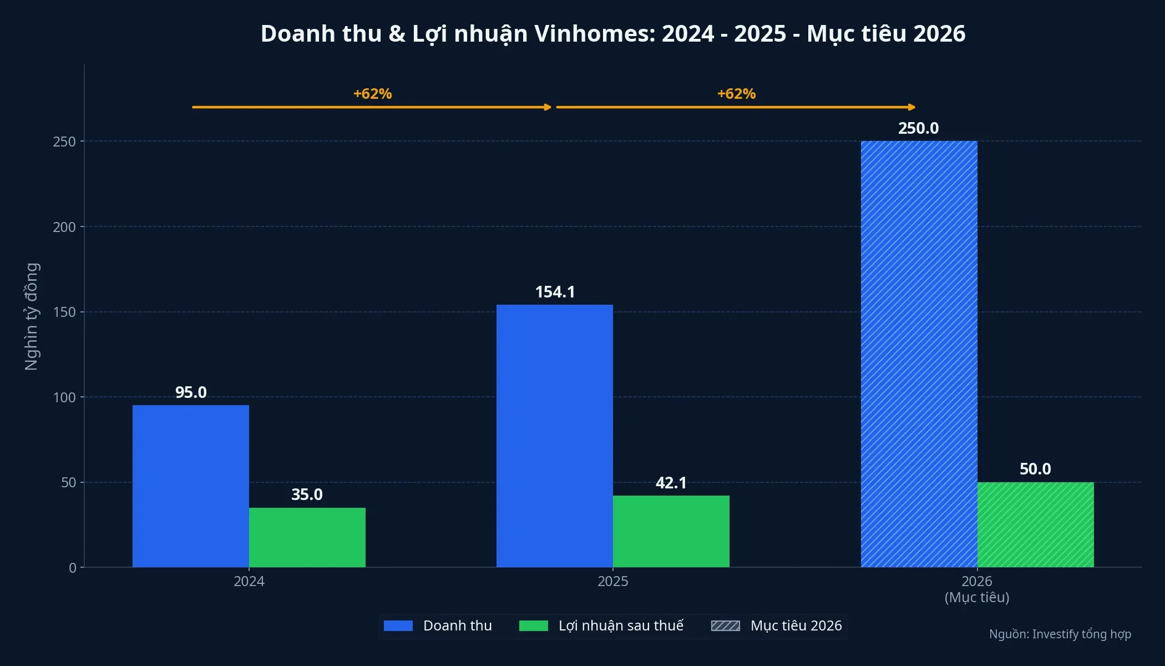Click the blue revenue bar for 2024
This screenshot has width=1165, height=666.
click(x=190, y=486)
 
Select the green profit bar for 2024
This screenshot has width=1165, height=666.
click(x=307, y=537)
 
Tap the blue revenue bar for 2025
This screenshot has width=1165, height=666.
click(x=554, y=436)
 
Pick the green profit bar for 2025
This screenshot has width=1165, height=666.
click(x=671, y=531)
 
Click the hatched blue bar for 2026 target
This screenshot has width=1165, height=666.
click(x=919, y=354)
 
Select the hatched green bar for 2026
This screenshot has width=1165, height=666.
click(x=1035, y=524)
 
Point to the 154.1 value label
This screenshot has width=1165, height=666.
click(x=555, y=292)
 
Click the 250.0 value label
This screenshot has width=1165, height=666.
click(x=918, y=128)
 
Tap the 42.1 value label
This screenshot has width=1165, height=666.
click(x=671, y=483)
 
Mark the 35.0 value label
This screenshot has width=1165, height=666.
click(x=307, y=495)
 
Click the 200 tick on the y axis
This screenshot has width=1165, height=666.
click(x=64, y=227)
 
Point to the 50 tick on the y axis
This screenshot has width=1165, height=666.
click(x=68, y=483)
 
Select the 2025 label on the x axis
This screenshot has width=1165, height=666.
click(x=612, y=581)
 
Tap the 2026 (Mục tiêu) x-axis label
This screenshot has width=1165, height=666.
click(x=976, y=589)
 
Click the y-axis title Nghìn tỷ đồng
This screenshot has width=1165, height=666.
click(x=32, y=316)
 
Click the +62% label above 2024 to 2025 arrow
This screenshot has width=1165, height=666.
click(x=372, y=94)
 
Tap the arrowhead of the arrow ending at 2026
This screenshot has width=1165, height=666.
click(x=911, y=107)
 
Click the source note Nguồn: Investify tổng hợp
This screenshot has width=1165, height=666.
click(x=1060, y=634)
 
